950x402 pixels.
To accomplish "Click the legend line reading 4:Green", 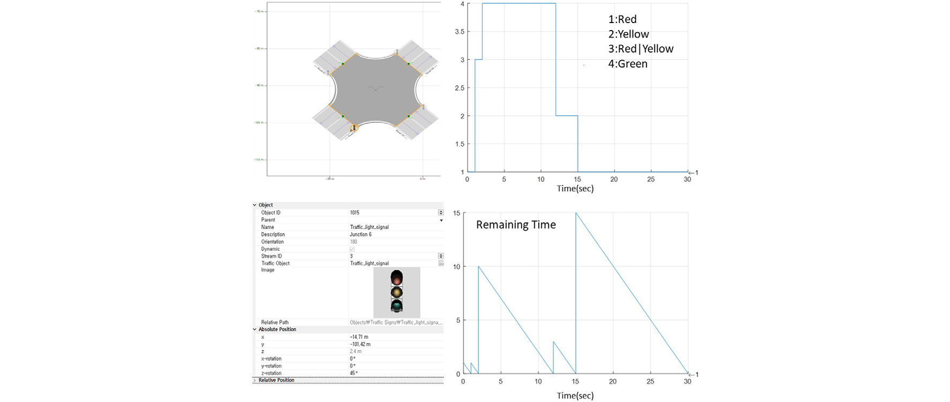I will coord(628,64).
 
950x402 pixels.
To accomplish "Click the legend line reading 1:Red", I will coord(622,19).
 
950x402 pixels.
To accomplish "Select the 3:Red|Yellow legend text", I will coord(641,49).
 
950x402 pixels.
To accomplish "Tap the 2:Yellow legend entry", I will coord(628,34).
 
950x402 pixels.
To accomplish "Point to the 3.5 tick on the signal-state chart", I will coord(459,32).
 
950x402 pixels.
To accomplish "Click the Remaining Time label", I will coord(516,225).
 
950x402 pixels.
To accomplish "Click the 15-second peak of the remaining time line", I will coord(576,213).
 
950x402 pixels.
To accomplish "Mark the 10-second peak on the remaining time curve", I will coord(479,266).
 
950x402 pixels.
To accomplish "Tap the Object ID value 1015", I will coord(355,213).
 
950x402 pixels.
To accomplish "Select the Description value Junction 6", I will coord(361,234).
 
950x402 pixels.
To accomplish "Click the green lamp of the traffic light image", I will coord(396,306).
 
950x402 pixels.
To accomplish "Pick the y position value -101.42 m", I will coord(360,344).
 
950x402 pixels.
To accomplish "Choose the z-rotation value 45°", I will coord(354,373).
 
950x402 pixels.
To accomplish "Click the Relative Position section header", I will coord(276,380).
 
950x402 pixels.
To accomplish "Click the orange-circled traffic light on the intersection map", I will coord(353,128).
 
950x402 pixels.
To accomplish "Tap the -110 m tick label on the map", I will coord(259,159).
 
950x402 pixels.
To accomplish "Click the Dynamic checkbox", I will coord(352,249).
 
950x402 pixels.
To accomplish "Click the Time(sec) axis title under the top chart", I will coord(575,189).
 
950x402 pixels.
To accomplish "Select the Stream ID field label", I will coord(272,256).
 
